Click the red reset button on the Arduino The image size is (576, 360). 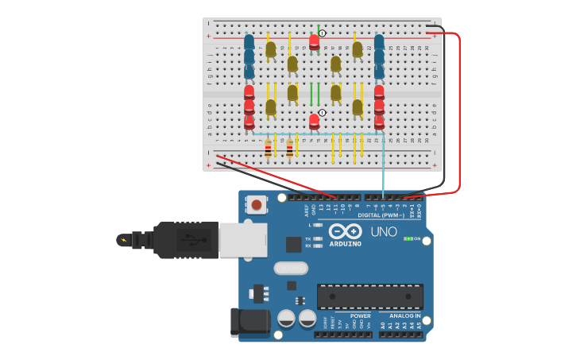[x=257, y=205]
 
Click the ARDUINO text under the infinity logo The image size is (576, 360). [x=345, y=243]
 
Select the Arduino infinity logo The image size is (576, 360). [x=345, y=231]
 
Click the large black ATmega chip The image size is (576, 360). [x=369, y=296]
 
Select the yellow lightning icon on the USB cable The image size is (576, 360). [x=122, y=239]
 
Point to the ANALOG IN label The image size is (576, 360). [x=405, y=315]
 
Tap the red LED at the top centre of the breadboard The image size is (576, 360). [x=315, y=41]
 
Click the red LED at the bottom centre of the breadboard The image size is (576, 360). [x=315, y=121]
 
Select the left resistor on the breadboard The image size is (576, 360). [x=268, y=148]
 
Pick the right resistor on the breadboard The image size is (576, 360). [x=289, y=148]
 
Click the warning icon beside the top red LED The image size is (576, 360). [x=323, y=33]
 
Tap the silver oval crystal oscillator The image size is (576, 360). [x=291, y=268]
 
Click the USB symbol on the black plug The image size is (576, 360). [x=187, y=240]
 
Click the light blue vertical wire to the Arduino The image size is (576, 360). [x=383, y=171]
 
